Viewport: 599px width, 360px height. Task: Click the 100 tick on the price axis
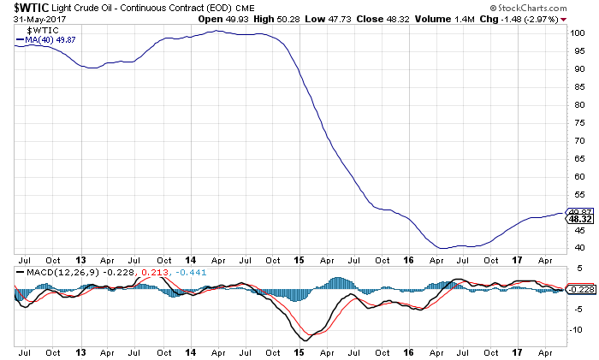coord(578,32)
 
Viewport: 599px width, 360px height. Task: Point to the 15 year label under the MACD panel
coord(299,351)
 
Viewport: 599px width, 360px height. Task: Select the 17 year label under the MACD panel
coord(515,351)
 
